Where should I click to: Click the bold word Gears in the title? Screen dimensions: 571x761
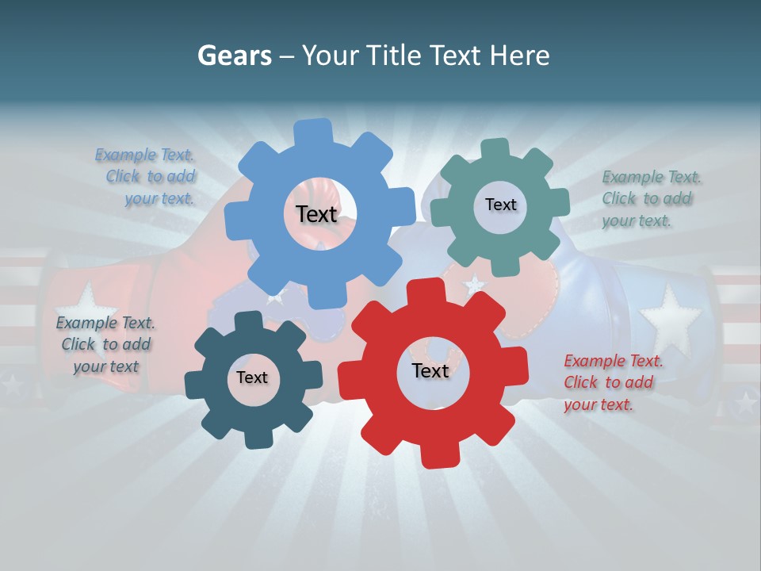click(x=234, y=56)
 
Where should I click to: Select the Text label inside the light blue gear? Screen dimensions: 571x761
click(x=316, y=214)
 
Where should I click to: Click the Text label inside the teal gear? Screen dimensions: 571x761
click(x=500, y=205)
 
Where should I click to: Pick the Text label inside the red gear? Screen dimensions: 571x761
click(x=430, y=370)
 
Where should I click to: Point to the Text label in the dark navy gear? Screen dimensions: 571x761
click(x=252, y=377)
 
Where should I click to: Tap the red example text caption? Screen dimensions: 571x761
click(x=613, y=382)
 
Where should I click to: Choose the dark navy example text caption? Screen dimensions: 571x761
click(x=105, y=344)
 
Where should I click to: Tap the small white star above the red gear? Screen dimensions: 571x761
click(x=474, y=283)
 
